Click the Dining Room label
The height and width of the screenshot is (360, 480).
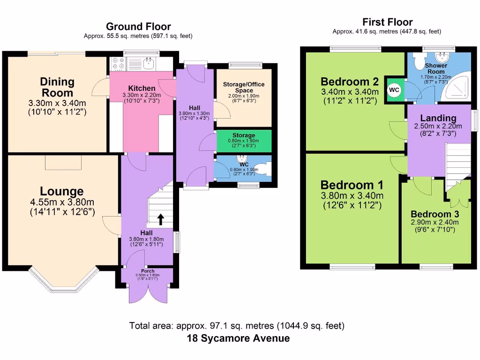57,87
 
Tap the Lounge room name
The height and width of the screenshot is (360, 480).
62,191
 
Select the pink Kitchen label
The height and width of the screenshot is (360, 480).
142,88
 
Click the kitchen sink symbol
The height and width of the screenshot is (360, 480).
149,64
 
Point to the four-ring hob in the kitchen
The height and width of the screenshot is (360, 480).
119,64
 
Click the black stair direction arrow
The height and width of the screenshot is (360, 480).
161,219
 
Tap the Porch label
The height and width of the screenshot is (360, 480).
148,271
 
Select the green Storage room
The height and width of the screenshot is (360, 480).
244,141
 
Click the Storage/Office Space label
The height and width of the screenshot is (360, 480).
244,87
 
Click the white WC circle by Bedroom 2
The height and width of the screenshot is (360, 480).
394,90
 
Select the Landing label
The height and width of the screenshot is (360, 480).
438,118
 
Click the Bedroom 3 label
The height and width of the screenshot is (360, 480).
435,214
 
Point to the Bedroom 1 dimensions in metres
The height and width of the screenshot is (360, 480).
352,195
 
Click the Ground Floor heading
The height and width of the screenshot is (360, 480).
138,27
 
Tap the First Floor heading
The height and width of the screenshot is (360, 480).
387,22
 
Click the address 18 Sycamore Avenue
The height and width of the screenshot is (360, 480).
238,338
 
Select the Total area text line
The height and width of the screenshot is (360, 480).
237,326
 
